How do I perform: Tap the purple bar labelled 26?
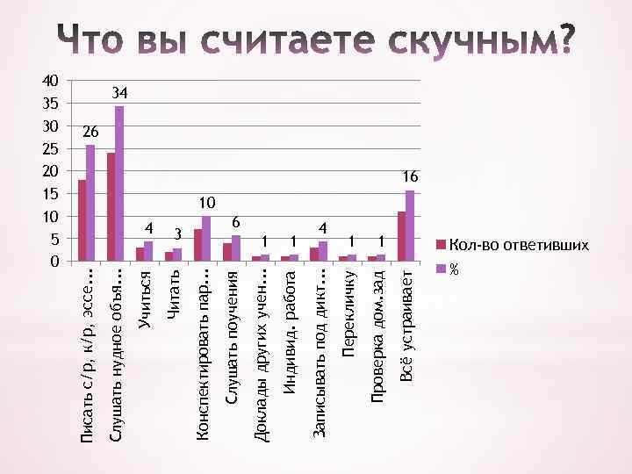click(90, 203)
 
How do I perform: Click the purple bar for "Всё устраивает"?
click(410, 225)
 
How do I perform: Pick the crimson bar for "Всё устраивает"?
click(401, 236)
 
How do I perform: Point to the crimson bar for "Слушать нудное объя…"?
click(111, 207)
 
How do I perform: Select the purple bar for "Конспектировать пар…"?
click(206, 238)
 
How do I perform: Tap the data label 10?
click(206, 203)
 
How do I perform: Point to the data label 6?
click(235, 222)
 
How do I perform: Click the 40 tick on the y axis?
click(51, 80)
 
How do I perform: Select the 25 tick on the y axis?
click(51, 148)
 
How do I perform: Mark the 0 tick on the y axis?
click(55, 262)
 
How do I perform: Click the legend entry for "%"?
click(454, 269)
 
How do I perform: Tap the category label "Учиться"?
click(147, 300)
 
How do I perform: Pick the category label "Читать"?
click(176, 295)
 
